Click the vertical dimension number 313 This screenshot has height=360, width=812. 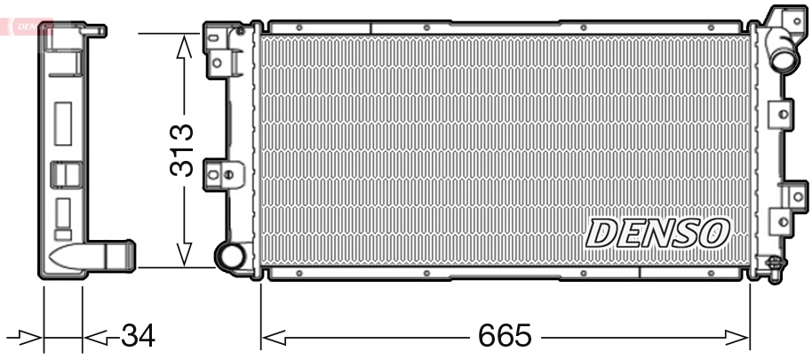[x=183, y=150]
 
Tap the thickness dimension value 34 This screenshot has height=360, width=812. [x=137, y=336]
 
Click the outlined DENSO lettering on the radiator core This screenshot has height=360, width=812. [x=657, y=233]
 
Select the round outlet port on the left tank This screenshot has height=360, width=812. [x=230, y=255]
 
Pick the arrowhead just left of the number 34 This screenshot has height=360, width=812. [x=98, y=337]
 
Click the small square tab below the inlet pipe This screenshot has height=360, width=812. [x=782, y=114]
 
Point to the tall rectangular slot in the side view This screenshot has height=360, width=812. [x=63, y=124]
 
